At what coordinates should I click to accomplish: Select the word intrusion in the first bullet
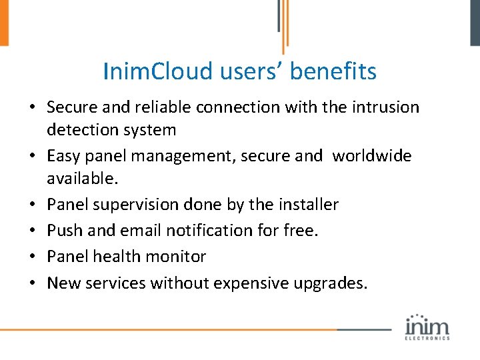[388, 107]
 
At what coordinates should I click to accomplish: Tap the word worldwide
[371, 156]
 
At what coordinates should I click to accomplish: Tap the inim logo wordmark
[427, 327]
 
